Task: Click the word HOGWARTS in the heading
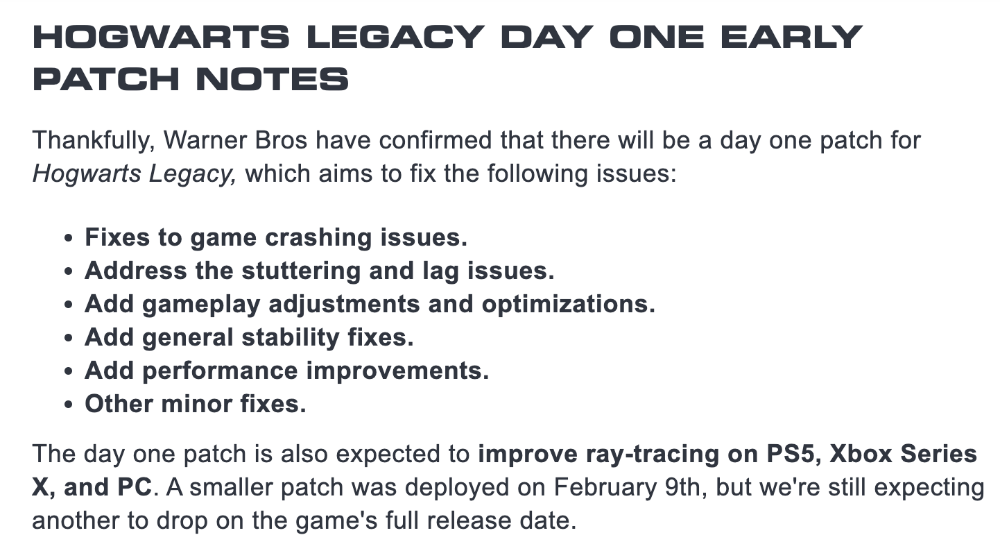(161, 37)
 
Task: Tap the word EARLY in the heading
(791, 37)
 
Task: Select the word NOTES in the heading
(272, 79)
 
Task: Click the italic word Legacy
(192, 174)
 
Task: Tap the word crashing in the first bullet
(318, 238)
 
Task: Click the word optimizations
(568, 305)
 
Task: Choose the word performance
(220, 371)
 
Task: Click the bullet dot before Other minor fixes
(68, 405)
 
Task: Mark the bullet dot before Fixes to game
(68, 238)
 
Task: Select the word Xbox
(861, 454)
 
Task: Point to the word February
(605, 488)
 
